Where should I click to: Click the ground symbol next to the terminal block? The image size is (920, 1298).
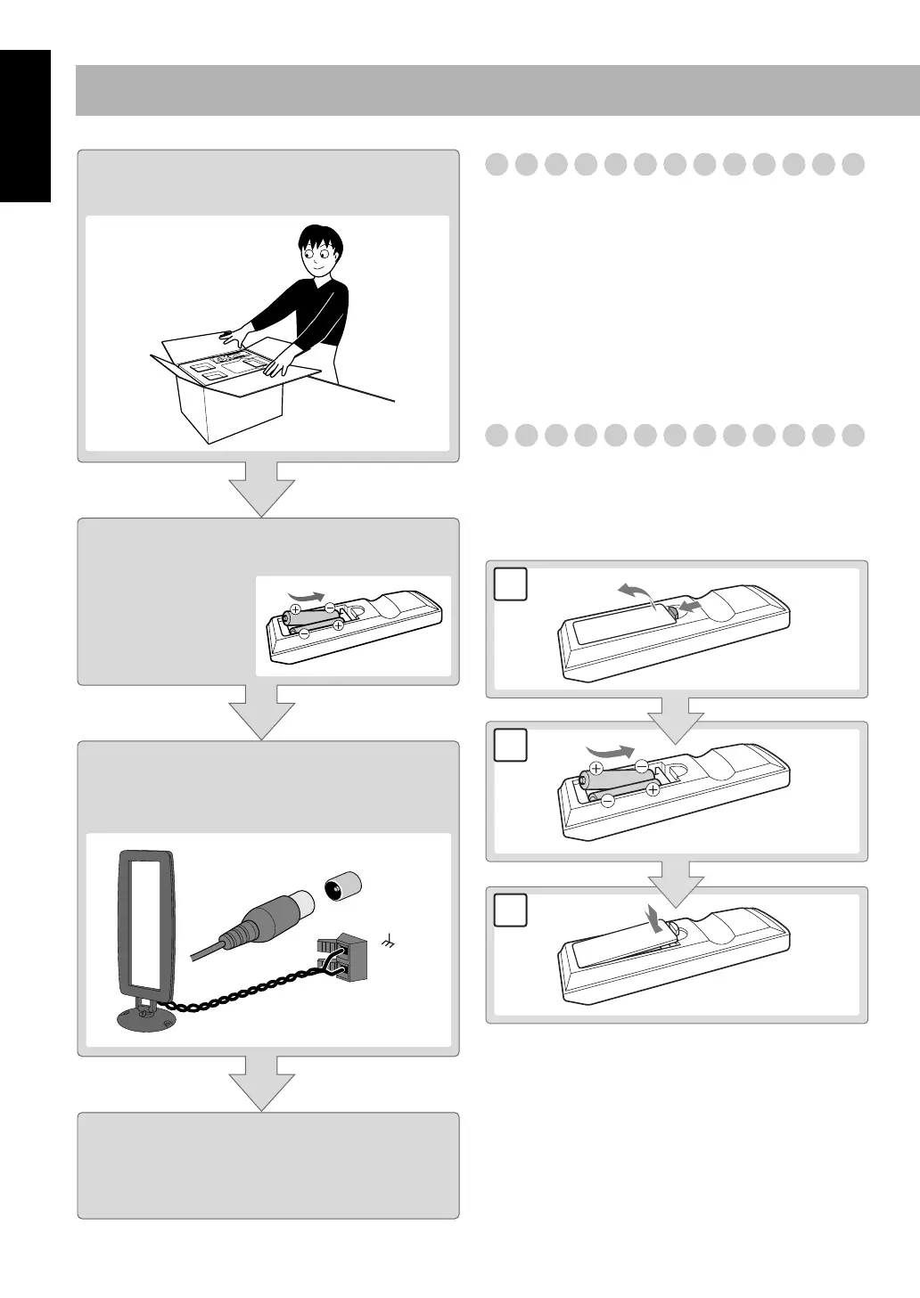(388, 939)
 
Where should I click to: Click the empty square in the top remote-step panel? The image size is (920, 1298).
(510, 584)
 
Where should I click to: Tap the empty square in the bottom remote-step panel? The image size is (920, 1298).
(510, 910)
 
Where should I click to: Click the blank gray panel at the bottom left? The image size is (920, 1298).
(268, 1164)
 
